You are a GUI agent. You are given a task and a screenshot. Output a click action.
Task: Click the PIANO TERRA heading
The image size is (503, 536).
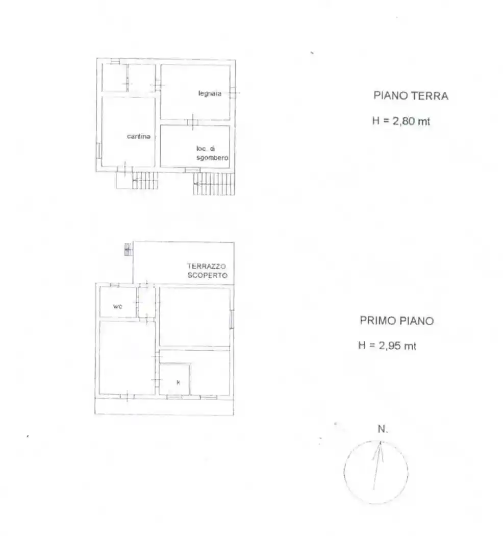411,95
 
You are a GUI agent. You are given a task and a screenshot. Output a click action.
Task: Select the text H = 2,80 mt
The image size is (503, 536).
401,121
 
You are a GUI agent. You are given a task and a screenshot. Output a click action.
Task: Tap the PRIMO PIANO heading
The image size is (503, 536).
396,321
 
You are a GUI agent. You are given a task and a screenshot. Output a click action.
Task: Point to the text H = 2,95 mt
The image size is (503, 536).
387,346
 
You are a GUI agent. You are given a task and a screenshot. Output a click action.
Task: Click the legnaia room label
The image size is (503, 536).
210,93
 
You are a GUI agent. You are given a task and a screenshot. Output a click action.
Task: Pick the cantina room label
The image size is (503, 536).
139,136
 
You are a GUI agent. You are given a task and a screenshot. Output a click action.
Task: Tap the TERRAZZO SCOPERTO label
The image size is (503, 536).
207,271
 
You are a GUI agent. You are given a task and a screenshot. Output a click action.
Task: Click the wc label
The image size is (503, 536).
118,307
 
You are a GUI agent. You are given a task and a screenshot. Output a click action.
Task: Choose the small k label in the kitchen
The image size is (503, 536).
178,382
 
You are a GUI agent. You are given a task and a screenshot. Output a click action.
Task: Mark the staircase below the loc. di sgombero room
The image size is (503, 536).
214,183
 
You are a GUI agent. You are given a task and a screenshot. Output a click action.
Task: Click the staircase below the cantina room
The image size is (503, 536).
145,180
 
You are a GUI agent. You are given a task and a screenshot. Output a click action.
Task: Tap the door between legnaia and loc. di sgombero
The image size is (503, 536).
192,122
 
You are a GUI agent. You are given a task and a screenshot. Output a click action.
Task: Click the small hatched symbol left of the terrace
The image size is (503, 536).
128,250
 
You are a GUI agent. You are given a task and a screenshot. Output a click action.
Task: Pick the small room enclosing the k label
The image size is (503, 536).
175,379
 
